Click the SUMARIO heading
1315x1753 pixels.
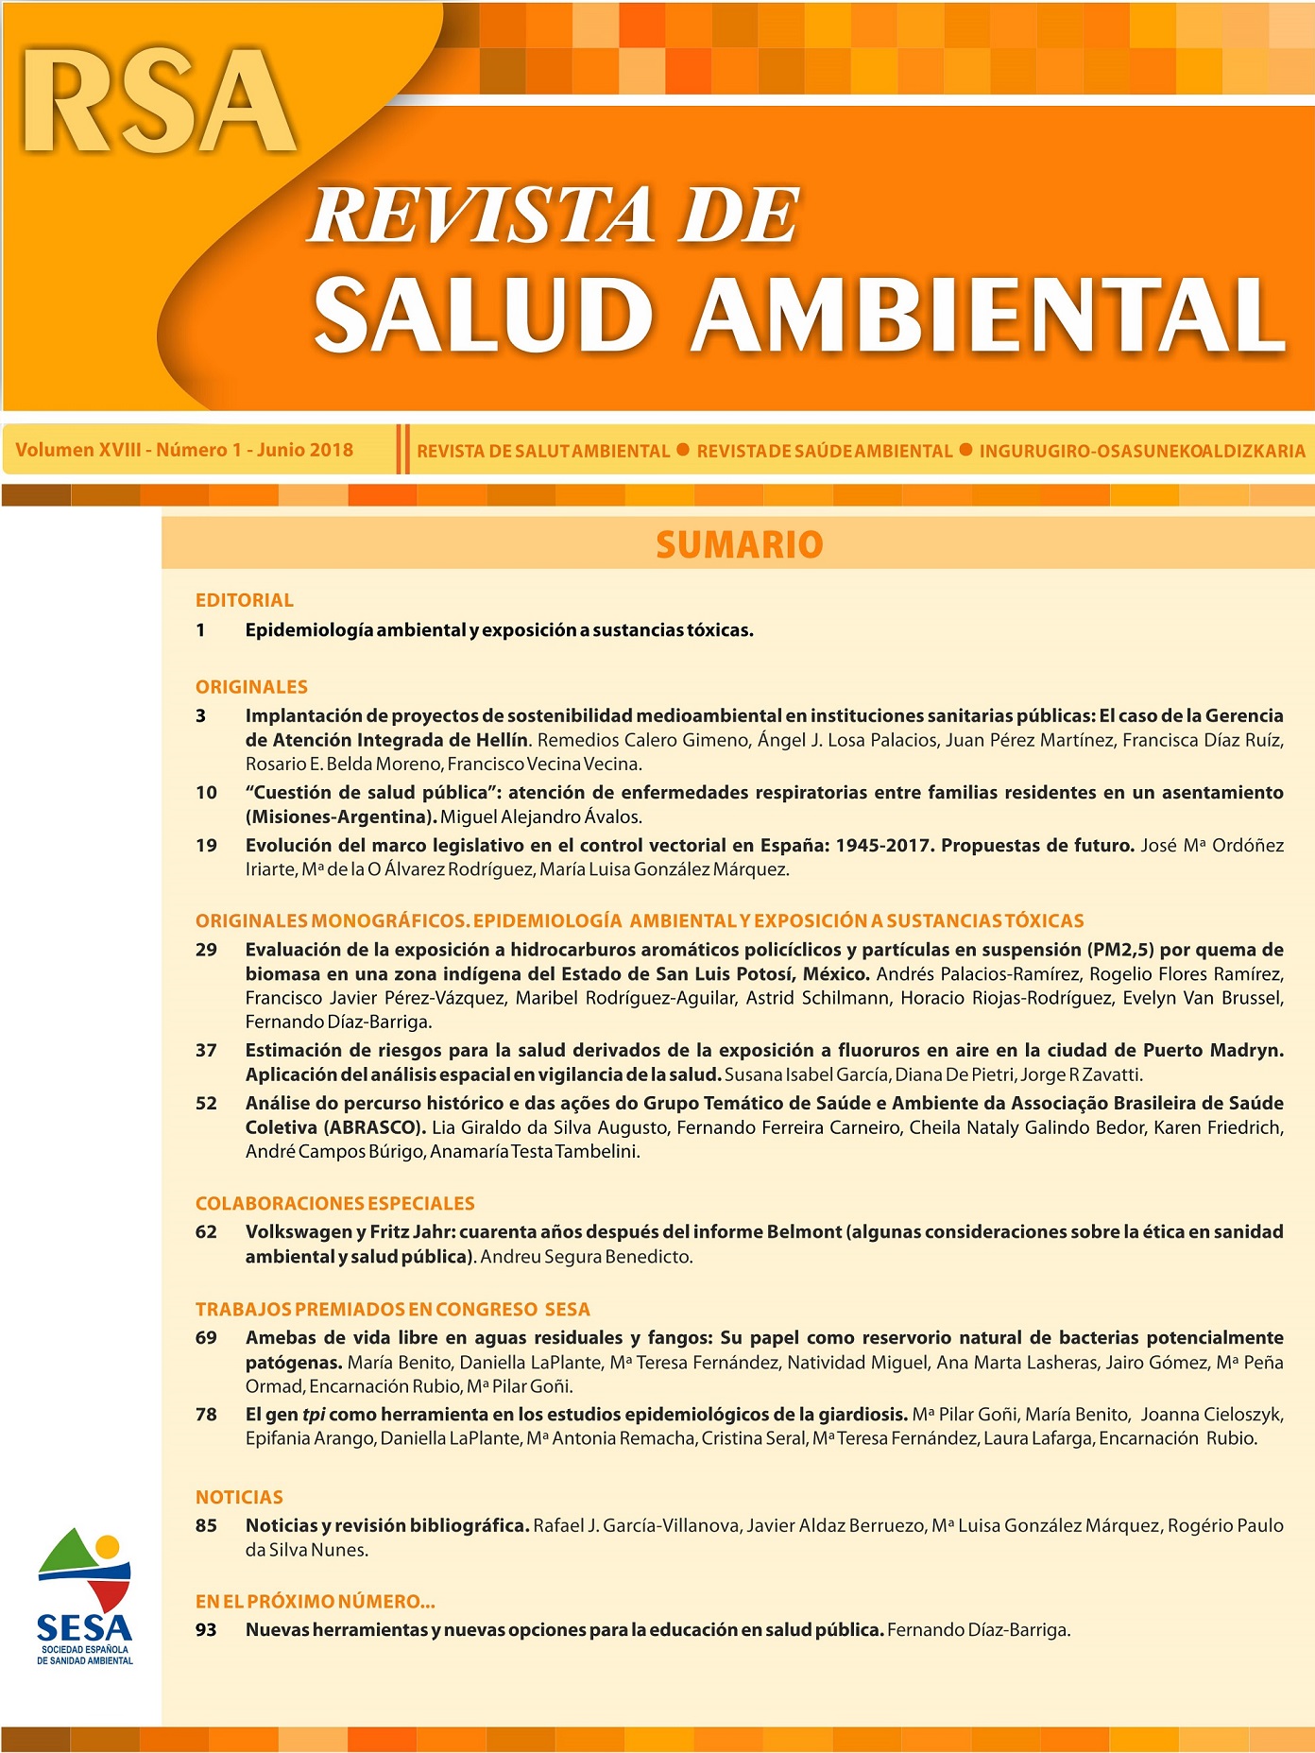(739, 545)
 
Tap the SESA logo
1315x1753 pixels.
(85, 1596)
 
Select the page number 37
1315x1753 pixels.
(206, 1050)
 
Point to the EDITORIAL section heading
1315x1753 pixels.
(244, 600)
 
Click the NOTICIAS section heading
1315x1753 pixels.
(239, 1497)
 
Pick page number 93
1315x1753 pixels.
(206, 1630)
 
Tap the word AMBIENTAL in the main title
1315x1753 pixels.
(987, 315)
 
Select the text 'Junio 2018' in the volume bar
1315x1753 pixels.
(304, 450)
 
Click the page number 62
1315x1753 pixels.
(206, 1231)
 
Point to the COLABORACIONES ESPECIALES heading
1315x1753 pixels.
(334, 1203)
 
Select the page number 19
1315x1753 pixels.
(206, 845)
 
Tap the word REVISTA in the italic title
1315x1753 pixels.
(481, 216)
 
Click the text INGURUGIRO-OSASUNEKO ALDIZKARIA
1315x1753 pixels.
(1141, 452)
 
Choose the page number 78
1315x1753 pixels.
(206, 1415)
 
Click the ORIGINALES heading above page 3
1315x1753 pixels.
(251, 687)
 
